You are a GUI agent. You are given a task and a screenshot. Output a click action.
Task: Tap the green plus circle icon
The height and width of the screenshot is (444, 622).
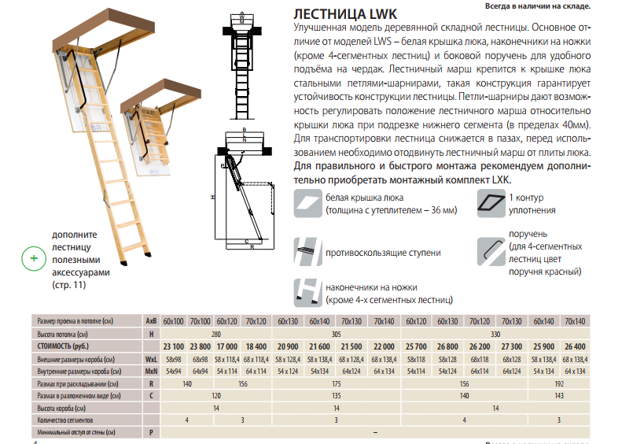coord(33,257)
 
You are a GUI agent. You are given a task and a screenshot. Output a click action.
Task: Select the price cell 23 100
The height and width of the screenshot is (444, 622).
coord(173,346)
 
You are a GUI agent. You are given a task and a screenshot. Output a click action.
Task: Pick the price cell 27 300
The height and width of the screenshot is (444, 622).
coord(512,346)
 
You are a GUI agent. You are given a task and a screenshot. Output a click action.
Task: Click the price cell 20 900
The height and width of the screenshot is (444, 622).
coord(287,346)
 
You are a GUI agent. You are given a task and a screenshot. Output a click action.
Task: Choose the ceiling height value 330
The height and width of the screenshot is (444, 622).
coord(495,334)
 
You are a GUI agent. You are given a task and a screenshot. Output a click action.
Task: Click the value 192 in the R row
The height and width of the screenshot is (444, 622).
coord(560,383)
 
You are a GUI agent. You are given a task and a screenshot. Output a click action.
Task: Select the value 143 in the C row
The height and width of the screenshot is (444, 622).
coord(560,395)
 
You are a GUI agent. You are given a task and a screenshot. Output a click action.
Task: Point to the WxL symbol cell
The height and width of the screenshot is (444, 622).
coord(151,358)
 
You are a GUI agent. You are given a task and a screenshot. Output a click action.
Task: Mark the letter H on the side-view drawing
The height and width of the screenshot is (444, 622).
coord(213,198)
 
